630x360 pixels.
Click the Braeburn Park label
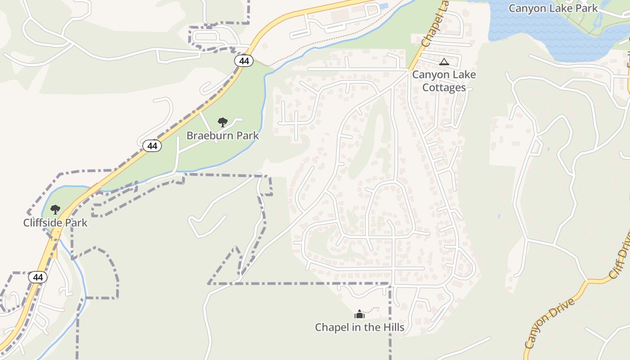(x=222, y=135)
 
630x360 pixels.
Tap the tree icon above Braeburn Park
(x=222, y=122)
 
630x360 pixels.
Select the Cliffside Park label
(x=55, y=223)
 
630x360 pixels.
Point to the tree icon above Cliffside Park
(x=55, y=209)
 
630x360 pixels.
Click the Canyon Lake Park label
(x=553, y=8)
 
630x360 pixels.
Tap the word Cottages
(x=444, y=87)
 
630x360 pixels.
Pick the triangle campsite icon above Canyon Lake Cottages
(x=444, y=62)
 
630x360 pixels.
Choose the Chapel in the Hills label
(x=360, y=327)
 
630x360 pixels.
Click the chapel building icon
(x=360, y=314)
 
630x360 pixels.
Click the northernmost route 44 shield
(x=243, y=61)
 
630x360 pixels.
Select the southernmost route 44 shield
(x=38, y=277)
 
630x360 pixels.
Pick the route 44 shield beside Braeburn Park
(x=153, y=146)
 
